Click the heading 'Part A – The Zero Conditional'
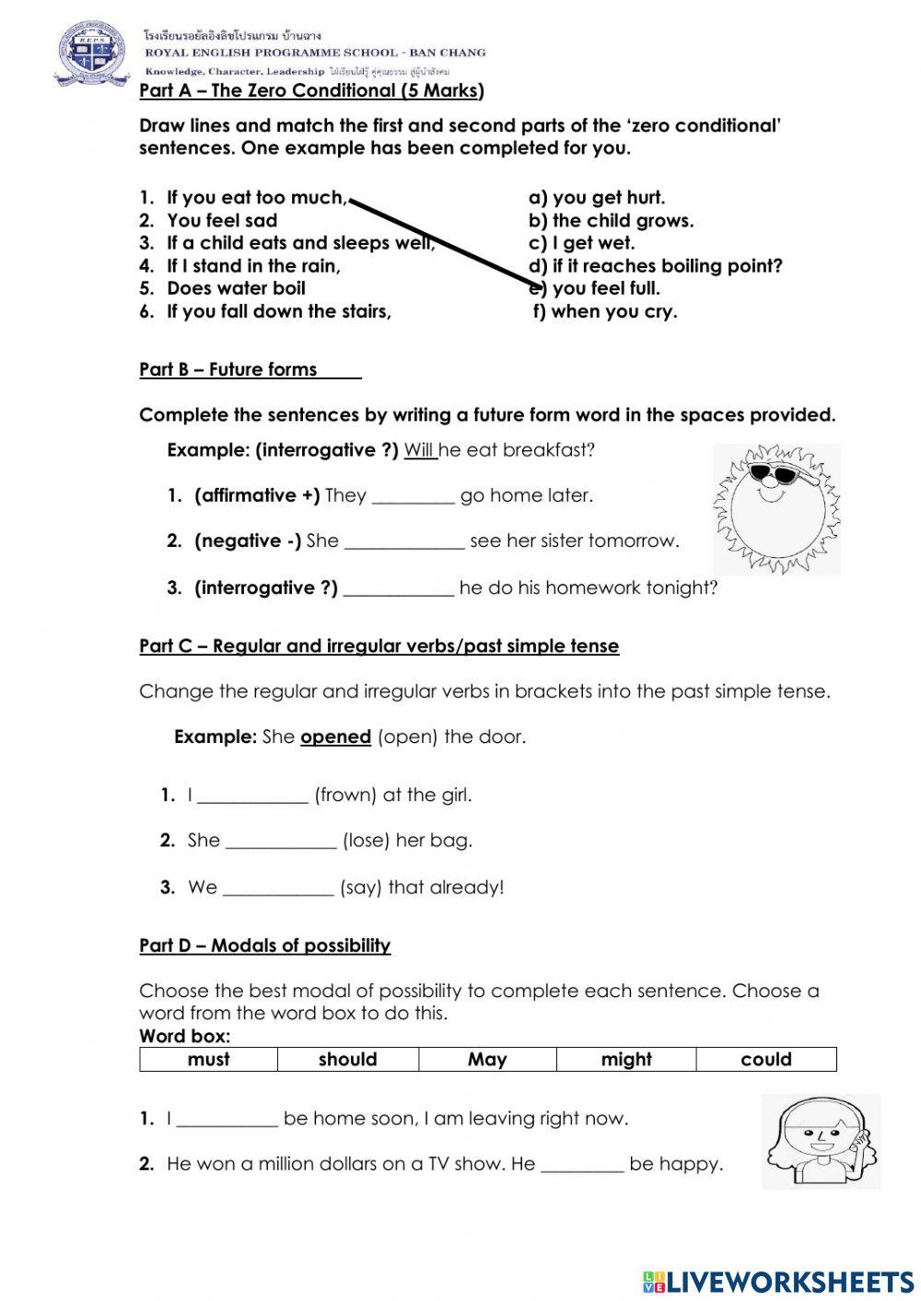click(311, 90)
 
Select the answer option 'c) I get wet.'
click(581, 243)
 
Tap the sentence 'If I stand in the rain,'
click(253, 266)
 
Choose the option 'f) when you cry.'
click(605, 311)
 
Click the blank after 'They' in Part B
click(413, 496)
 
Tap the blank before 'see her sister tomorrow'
click(404, 541)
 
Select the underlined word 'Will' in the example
click(420, 450)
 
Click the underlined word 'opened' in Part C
click(335, 738)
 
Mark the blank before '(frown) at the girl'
click(252, 796)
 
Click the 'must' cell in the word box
click(208, 1060)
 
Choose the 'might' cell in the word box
click(626, 1060)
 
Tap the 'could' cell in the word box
click(765, 1060)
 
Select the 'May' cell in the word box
click(487, 1060)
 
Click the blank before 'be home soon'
click(227, 1120)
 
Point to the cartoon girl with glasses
click(820, 1141)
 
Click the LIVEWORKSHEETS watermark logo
click(777, 1282)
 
